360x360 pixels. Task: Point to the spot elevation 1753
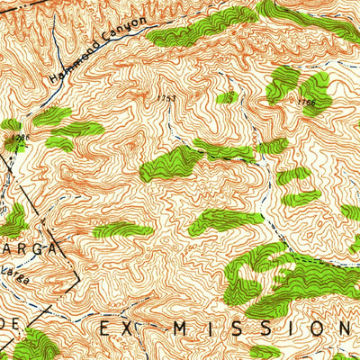pyautogui.click(x=165, y=97)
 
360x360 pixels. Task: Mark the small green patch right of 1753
pyautogui.click(x=230, y=96)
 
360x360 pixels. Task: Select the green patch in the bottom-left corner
pyautogui.click(x=33, y=346)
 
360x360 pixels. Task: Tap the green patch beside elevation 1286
pyautogui.click(x=10, y=128)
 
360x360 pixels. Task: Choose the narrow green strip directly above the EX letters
pyautogui.click(x=121, y=230)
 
